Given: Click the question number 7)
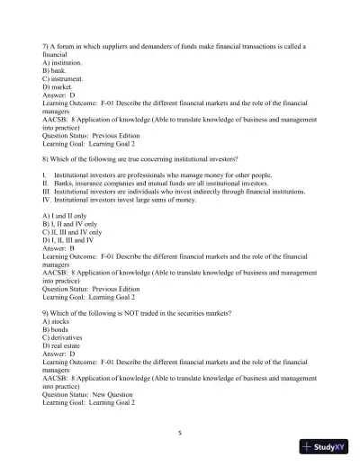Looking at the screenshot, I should [x=46, y=44].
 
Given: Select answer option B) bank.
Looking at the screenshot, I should [x=54, y=70].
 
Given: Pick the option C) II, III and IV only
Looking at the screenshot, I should [x=76, y=233].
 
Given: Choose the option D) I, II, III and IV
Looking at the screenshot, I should [x=71, y=241].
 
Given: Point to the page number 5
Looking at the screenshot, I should [x=180, y=433].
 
